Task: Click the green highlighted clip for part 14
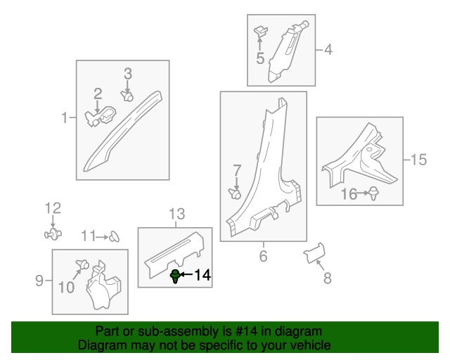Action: click(175, 276)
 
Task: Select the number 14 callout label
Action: click(202, 275)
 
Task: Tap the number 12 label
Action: click(53, 208)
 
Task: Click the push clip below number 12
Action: click(53, 234)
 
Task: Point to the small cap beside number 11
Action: click(114, 236)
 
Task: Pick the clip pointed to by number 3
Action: click(127, 96)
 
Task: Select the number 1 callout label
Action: click(65, 117)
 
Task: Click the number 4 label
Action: click(328, 50)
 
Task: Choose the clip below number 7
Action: click(235, 194)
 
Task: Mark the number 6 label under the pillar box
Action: click(263, 256)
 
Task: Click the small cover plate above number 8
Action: click(314, 252)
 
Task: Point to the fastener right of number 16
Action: click(373, 193)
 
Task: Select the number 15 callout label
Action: click(419, 160)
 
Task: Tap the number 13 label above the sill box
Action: click(176, 214)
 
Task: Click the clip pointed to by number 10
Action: click(82, 264)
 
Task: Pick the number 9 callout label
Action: click(39, 280)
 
